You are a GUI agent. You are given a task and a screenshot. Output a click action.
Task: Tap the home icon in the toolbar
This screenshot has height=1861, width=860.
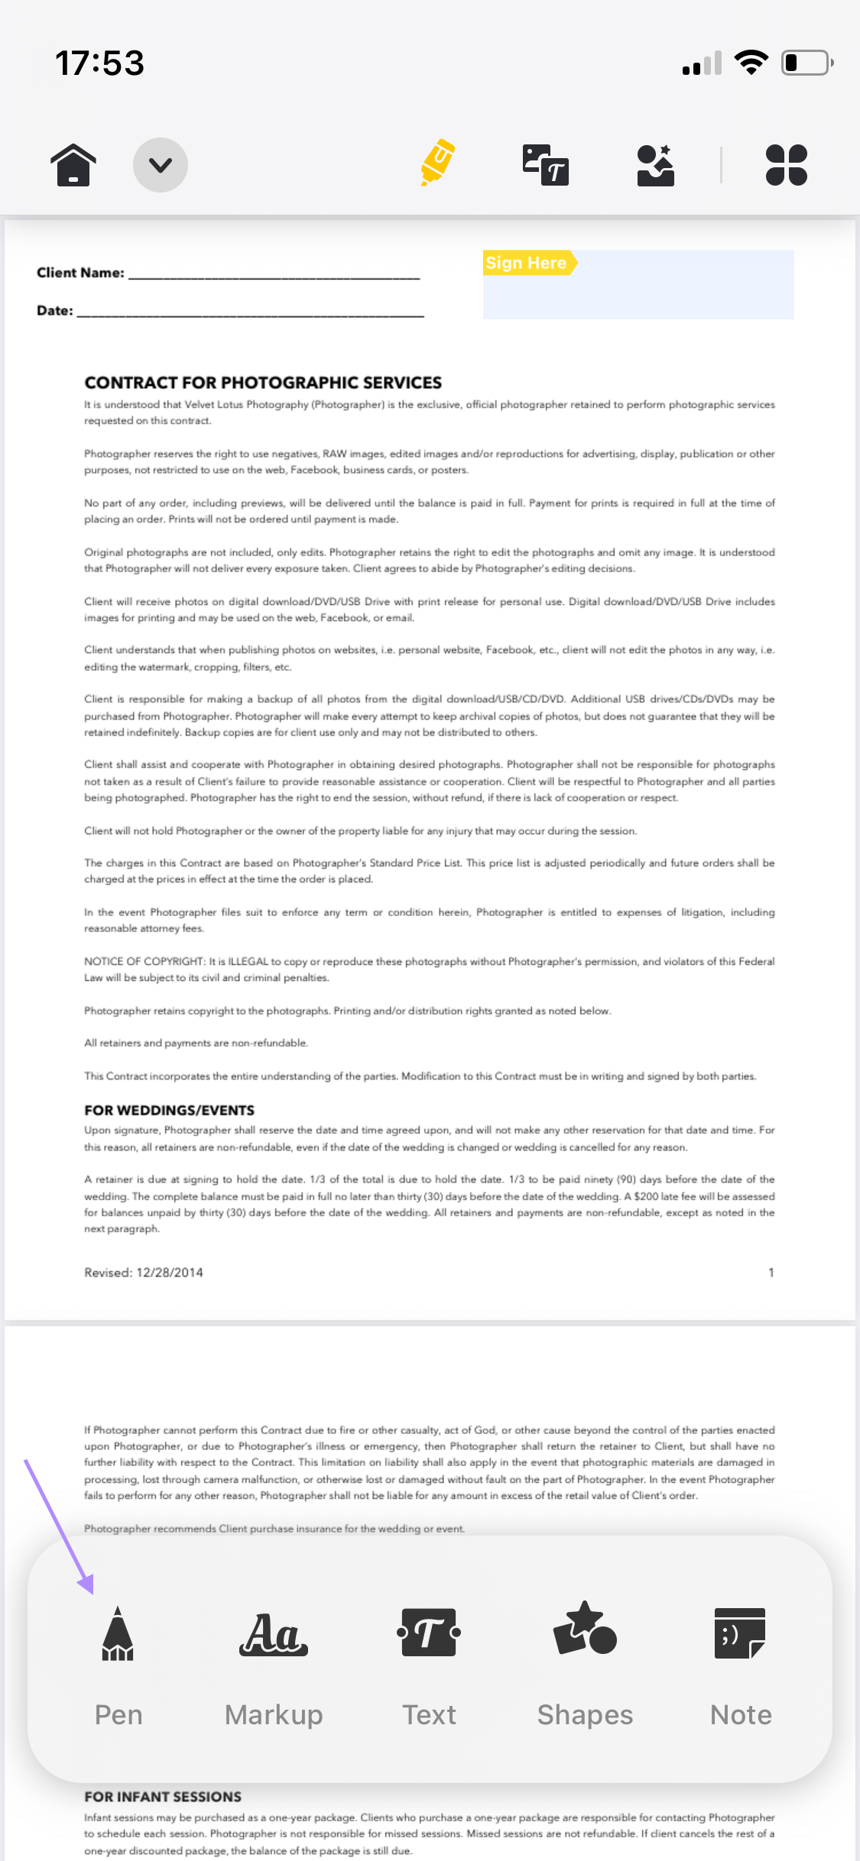(x=73, y=165)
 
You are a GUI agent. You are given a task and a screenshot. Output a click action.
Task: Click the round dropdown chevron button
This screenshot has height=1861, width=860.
(x=161, y=165)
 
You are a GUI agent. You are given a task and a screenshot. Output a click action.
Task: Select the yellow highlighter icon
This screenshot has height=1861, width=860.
(x=437, y=163)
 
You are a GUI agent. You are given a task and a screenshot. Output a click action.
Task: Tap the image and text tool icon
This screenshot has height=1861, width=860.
(x=545, y=165)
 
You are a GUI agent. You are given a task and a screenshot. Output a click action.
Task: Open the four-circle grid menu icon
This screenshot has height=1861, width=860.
(x=786, y=165)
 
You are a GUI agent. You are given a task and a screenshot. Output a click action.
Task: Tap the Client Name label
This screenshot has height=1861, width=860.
(x=80, y=273)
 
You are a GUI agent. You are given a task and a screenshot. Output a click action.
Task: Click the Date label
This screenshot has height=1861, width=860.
(x=55, y=311)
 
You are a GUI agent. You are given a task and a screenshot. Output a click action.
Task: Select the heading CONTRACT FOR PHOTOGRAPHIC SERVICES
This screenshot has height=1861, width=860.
(x=263, y=383)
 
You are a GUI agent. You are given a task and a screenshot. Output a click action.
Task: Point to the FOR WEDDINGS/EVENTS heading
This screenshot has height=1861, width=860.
(x=169, y=1110)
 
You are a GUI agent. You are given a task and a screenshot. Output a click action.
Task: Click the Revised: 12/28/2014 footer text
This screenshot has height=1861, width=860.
(x=144, y=1273)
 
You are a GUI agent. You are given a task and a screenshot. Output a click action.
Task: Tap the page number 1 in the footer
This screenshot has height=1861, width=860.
(x=771, y=1273)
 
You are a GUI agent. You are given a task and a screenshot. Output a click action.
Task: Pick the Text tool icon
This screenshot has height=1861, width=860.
(x=429, y=1633)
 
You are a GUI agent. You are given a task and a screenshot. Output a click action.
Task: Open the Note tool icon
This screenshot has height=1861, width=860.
(x=740, y=1633)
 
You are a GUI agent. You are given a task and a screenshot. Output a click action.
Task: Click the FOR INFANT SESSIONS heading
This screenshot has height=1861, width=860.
(x=163, y=1797)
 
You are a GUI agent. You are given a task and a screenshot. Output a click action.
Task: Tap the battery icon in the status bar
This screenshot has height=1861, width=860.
(x=806, y=63)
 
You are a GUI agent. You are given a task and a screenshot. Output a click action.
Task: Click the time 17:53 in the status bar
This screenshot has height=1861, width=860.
(x=100, y=63)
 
